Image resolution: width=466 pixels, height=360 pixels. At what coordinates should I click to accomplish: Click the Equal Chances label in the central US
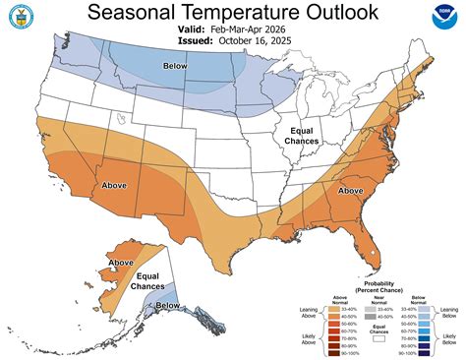tap(298, 137)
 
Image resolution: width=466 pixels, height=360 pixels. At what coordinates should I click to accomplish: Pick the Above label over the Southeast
tap(350, 190)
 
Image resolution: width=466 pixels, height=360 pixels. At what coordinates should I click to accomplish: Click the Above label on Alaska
tap(122, 263)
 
